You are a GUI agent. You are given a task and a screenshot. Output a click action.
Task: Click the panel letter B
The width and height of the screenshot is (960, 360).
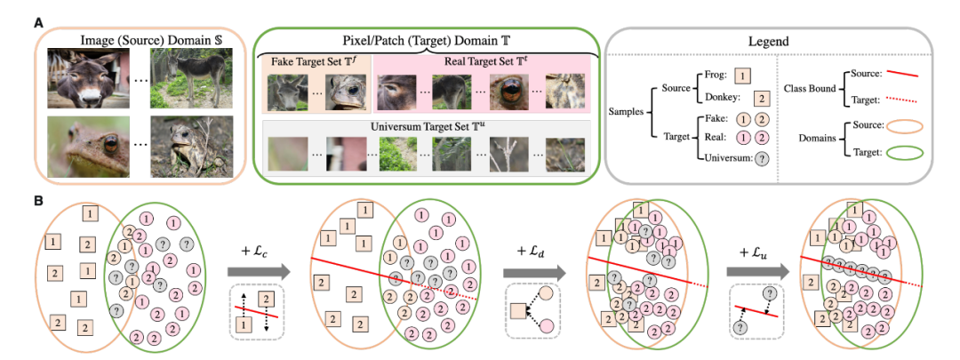coord(38,202)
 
